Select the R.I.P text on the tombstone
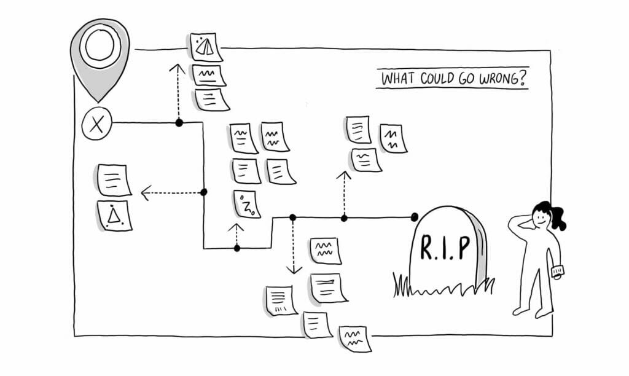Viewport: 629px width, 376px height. (445, 247)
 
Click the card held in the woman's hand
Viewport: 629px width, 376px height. (557, 271)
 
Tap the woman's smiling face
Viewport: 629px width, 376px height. (540, 217)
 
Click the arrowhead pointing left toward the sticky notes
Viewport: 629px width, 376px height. (145, 194)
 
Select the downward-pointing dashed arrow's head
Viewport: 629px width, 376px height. (294, 270)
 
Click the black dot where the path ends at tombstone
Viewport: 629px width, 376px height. (415, 216)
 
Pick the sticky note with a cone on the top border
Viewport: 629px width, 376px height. (206, 47)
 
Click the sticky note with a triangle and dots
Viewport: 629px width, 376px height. (114, 215)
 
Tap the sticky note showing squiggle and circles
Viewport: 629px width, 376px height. (247, 204)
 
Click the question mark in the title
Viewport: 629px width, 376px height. (523, 79)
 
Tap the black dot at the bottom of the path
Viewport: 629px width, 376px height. (237, 248)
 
